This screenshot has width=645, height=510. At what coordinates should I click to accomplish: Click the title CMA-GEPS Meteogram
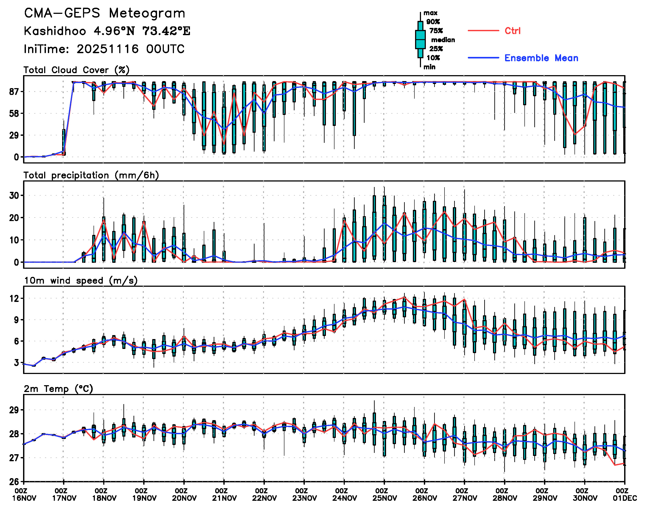tap(105, 13)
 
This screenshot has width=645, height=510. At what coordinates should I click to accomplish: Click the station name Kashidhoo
tap(55, 31)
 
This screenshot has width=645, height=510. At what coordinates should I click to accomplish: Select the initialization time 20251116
tap(107, 49)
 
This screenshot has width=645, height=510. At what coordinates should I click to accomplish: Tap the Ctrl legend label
tap(513, 31)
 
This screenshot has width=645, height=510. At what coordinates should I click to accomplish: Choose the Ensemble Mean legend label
tap(541, 58)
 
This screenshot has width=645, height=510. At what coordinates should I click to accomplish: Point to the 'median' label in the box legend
tap(443, 40)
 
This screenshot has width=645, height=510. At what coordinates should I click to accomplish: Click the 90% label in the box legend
tap(433, 22)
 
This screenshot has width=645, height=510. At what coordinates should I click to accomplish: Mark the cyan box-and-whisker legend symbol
tap(420, 39)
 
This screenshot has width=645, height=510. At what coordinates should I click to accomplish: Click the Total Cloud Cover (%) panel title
tap(76, 70)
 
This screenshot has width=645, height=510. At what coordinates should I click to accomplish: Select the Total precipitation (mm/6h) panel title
tap(91, 175)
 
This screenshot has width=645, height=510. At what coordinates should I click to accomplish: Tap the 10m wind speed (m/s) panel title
tap(81, 281)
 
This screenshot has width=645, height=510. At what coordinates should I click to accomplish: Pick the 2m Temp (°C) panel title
tap(58, 389)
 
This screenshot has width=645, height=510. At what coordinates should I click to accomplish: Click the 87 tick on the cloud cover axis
tap(14, 91)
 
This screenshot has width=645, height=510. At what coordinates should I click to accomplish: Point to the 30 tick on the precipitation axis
tap(14, 196)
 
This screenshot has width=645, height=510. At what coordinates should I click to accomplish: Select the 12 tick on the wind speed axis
tap(14, 299)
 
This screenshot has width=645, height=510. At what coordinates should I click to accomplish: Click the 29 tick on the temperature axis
tap(14, 410)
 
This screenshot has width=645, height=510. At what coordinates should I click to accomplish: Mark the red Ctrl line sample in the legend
tap(483, 31)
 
